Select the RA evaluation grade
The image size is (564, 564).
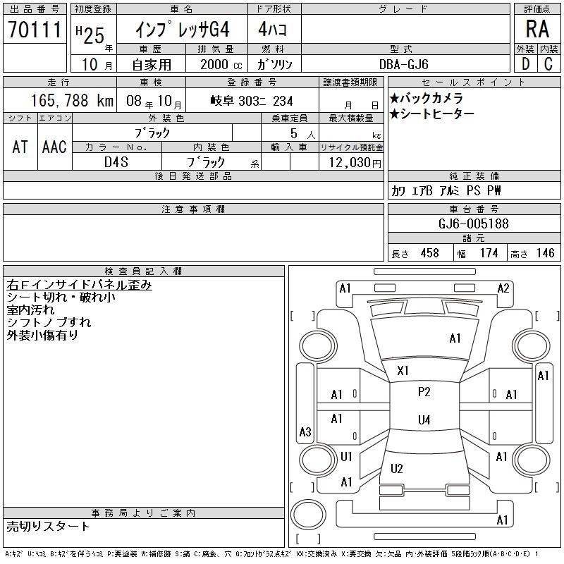[537, 29]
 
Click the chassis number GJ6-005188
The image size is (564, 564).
[473, 223]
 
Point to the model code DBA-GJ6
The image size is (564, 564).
[403, 64]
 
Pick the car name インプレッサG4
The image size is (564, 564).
[182, 30]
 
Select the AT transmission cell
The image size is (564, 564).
[20, 147]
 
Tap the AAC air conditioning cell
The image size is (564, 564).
[54, 147]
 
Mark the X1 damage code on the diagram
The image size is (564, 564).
[403, 370]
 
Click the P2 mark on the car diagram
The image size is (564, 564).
[424, 391]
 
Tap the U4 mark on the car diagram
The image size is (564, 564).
[424, 420]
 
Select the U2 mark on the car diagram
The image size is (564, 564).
[397, 468]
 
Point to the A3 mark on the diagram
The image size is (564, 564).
[305, 431]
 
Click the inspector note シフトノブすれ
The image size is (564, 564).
[49, 322]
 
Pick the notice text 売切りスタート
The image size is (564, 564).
[49, 526]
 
